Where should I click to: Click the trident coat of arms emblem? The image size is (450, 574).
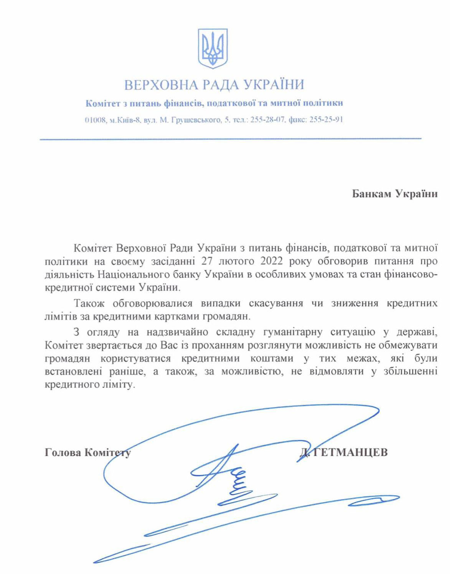(213, 48)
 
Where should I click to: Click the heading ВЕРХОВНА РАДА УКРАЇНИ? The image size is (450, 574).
(214, 84)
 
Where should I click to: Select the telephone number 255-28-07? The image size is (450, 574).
(268, 120)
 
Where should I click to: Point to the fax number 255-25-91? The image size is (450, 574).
(326, 120)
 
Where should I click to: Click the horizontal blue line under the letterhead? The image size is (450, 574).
(230, 139)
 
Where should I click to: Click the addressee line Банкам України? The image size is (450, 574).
(395, 193)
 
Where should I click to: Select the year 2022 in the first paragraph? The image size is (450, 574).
(272, 261)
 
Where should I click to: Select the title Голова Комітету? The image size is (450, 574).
(87, 453)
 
